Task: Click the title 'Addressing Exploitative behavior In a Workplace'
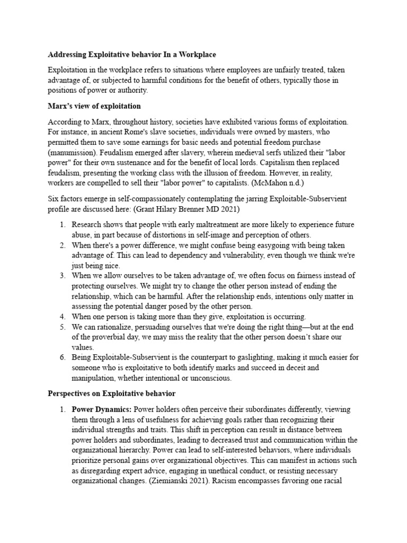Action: pyautogui.click(x=132, y=55)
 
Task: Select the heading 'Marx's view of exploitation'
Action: pyautogui.click(x=94, y=106)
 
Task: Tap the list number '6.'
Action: pyautogui.click(x=62, y=357)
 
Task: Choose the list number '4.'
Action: pyautogui.click(x=62, y=317)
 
